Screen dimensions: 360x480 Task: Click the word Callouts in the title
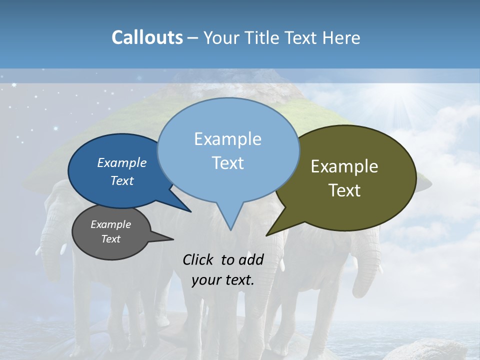pos(147,37)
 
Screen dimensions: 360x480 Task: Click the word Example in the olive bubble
pos(344,166)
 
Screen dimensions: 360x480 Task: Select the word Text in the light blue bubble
pos(228,163)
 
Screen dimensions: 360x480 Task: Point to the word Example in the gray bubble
pos(110,224)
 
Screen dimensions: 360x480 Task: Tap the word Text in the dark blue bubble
pos(122,180)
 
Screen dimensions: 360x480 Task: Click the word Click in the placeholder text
pos(199,259)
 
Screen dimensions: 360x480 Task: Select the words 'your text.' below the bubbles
pos(223,280)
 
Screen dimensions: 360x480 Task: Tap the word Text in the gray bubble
pos(110,239)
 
